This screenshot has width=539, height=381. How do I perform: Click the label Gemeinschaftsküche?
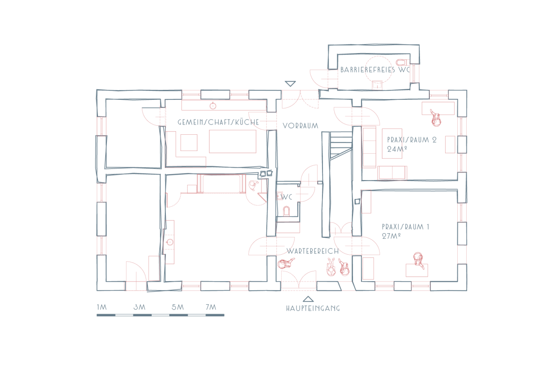tap(218, 122)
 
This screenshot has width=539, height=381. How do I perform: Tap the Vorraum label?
tap(300, 126)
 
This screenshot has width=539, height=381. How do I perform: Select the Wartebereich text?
tap(313, 251)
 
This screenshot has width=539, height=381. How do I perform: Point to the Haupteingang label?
tap(313, 308)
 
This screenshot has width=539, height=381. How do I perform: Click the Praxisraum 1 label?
tap(405, 227)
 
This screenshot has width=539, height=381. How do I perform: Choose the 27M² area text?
tap(392, 236)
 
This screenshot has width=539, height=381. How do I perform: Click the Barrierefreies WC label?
tap(375, 70)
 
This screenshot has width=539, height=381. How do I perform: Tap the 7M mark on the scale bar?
tap(211, 307)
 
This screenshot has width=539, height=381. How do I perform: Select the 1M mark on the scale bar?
tap(102, 307)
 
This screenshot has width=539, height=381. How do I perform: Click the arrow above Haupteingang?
tap(308, 299)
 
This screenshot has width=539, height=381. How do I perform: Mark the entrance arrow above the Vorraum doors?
tap(291, 84)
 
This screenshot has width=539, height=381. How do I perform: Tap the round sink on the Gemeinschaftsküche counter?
tap(213, 106)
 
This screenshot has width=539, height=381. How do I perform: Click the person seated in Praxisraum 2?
tap(435, 118)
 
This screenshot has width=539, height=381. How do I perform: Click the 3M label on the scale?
tap(140, 307)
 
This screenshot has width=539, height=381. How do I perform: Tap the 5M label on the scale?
tap(177, 307)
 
